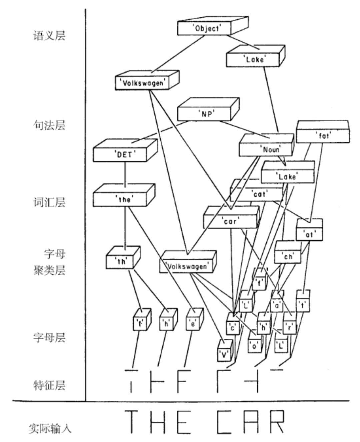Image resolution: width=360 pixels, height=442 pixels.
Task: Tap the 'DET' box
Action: [x=120, y=154]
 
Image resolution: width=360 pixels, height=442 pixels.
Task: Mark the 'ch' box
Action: [x=288, y=257]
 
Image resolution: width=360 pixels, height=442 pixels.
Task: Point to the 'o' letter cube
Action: [x=255, y=346]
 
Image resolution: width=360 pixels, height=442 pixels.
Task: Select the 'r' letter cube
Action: [x=289, y=328]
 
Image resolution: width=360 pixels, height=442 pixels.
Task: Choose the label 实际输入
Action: [x=50, y=428]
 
